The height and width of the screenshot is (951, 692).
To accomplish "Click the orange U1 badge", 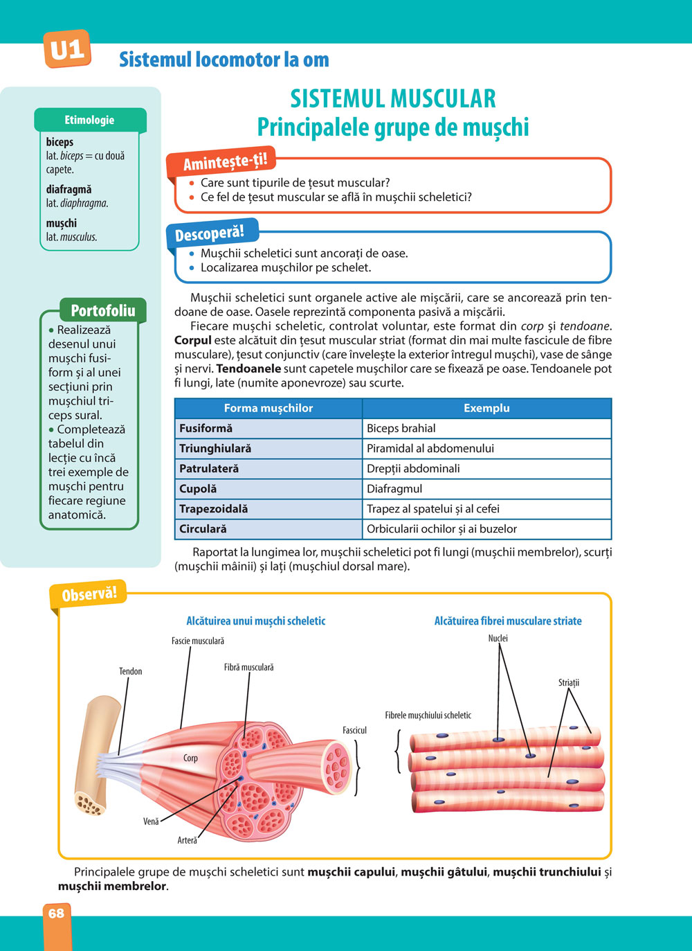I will [x=67, y=49].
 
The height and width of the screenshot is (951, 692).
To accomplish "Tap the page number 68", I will [x=56, y=914].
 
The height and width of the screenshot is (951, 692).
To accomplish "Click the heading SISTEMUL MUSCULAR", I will [x=393, y=99].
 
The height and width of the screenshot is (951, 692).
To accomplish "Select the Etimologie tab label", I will [x=89, y=120].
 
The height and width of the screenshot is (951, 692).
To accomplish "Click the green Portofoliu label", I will [x=103, y=310].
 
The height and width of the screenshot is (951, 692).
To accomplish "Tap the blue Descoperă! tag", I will [x=209, y=233].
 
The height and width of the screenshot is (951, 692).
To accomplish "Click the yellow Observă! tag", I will [x=89, y=594].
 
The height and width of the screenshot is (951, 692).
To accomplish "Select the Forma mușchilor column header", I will [x=268, y=408].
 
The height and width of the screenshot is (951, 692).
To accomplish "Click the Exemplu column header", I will [x=486, y=408].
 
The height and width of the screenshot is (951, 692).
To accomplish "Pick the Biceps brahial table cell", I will [x=401, y=428].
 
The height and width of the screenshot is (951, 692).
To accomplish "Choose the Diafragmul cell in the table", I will [x=394, y=488].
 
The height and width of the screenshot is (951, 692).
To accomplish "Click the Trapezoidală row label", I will [x=213, y=508].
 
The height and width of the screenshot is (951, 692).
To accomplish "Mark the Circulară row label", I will [x=203, y=528].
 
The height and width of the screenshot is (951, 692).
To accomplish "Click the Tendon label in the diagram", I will [x=130, y=671].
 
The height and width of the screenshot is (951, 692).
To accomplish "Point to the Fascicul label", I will [x=354, y=730].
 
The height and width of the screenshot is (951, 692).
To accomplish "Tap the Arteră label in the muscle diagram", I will [x=187, y=840].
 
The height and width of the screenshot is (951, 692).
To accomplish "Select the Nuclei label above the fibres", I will [x=498, y=638].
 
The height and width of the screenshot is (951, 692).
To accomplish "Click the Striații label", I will [x=569, y=682].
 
